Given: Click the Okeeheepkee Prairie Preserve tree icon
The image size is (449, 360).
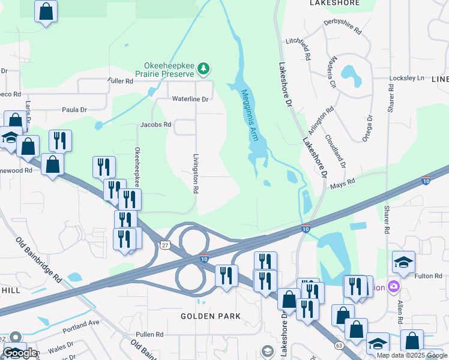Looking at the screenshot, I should click(204, 69).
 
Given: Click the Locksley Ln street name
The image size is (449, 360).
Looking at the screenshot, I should click(407, 79).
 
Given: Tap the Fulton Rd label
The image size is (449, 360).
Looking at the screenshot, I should click(427, 275).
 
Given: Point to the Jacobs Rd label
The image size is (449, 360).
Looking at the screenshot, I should click(155, 125).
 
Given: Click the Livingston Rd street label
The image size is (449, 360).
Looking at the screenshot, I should click(196, 173).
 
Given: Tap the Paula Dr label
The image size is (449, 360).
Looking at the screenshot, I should click(75, 110).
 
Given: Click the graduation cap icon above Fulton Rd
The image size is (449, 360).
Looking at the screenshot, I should click(403, 262).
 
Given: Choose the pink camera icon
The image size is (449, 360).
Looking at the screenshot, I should click(394, 287).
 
